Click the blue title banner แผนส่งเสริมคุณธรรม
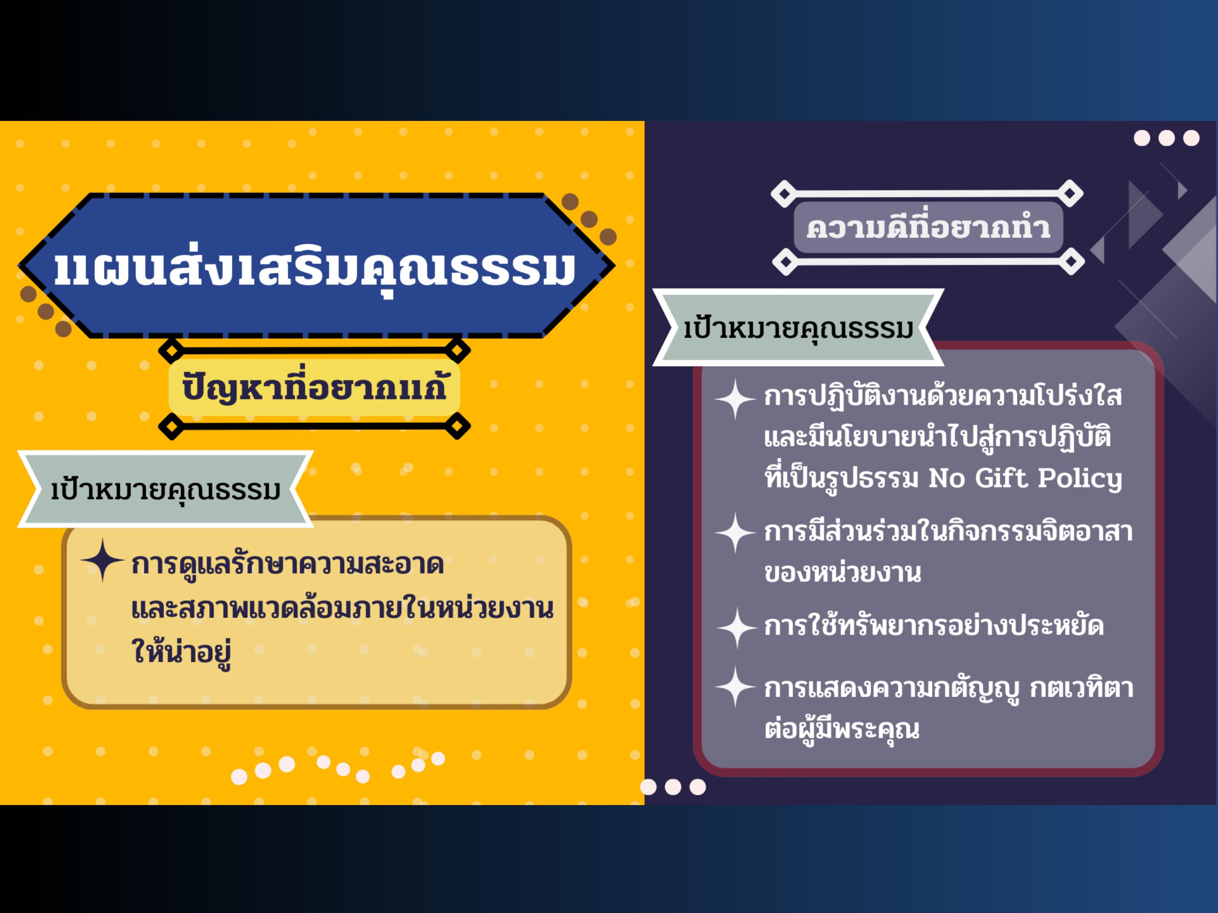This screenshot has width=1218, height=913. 317,265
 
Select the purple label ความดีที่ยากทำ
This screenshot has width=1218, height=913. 929,227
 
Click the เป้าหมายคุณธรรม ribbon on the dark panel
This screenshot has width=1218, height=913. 799,327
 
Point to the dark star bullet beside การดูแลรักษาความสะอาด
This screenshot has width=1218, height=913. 102,560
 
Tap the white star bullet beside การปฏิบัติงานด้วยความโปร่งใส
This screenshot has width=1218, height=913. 736,399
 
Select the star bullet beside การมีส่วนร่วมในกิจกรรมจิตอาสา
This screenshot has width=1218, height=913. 736,533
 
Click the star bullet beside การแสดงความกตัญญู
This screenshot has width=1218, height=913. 736,687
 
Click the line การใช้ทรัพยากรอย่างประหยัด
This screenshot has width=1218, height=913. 934,626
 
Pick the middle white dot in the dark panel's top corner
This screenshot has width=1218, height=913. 1166,138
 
